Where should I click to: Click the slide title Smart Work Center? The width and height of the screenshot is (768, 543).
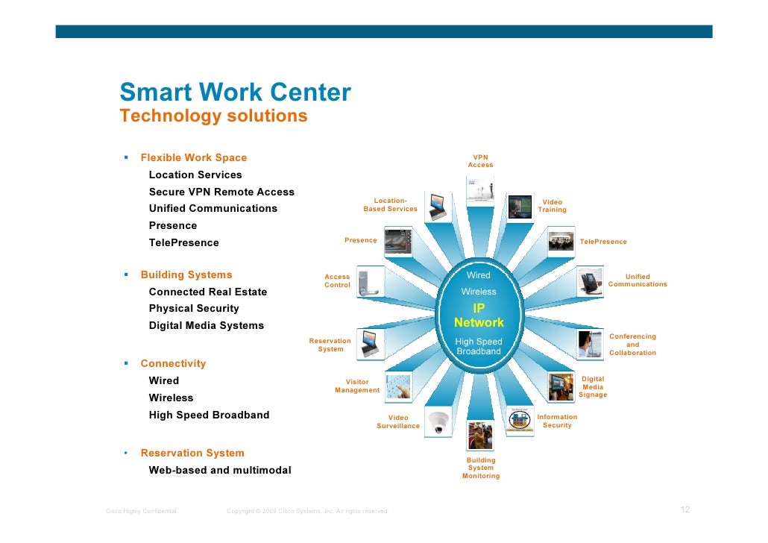[235, 92]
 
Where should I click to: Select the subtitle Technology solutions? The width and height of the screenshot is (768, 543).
[213, 116]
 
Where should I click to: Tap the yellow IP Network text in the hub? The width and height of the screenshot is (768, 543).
[479, 315]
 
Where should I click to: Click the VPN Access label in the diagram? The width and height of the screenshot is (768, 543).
[480, 161]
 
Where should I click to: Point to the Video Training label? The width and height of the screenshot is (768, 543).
[553, 206]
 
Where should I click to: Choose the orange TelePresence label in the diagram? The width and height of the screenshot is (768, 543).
[603, 242]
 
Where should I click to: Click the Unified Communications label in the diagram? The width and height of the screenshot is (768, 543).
[638, 280]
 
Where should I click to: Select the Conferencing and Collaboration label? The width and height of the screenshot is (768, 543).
[633, 345]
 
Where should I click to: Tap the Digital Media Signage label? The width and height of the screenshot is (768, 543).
[593, 386]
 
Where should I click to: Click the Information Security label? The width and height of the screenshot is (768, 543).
[557, 421]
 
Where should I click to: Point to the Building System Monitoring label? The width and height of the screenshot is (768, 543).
[481, 468]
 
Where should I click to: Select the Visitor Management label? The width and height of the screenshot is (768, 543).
[357, 386]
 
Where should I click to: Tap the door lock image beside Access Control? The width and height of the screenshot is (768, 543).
[371, 282]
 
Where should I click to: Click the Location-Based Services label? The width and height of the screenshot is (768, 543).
[390, 204]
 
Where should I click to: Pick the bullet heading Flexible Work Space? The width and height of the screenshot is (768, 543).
[193, 157]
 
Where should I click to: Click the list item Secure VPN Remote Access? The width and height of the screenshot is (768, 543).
[221, 192]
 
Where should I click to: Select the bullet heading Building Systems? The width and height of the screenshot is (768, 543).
[186, 274]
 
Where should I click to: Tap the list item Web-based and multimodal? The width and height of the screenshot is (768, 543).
[220, 470]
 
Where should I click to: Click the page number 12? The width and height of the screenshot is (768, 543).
[684, 509]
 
